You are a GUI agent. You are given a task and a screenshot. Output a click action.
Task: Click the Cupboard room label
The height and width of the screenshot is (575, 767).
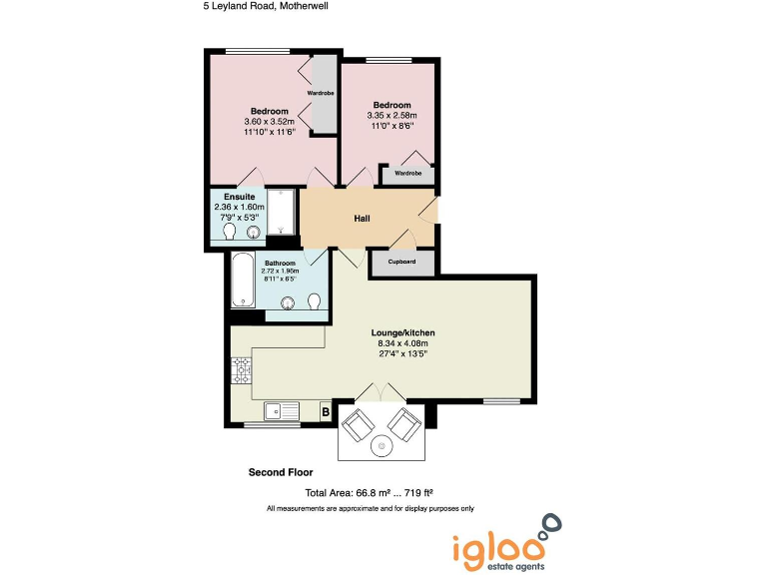402,262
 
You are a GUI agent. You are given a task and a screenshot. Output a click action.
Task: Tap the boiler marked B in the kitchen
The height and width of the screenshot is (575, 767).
325,410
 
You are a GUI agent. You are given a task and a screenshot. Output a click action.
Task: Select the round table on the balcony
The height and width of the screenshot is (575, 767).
383,445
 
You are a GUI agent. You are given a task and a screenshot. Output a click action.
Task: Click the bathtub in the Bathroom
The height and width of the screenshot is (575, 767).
241,281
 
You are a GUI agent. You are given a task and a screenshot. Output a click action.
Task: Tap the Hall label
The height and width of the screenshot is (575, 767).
364,217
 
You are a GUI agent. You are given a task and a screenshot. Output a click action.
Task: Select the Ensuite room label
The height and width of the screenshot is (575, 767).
240,197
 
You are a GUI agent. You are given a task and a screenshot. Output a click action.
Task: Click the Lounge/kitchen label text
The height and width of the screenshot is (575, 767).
403,332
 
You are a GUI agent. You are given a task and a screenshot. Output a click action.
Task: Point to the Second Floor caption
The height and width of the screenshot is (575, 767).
281,471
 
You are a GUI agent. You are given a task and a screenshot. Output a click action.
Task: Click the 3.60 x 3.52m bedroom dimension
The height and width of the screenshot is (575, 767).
270,121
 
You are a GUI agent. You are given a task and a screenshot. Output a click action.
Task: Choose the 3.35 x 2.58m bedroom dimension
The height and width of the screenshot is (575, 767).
391,116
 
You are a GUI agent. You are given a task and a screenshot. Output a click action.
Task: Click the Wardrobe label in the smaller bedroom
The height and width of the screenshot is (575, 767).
408,173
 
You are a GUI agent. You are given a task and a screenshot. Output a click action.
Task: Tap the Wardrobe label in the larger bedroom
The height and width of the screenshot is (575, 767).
321,93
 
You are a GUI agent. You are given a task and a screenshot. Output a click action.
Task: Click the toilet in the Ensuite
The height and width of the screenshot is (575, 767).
229,233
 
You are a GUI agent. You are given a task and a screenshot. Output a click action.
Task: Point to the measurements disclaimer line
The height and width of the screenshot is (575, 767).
370,509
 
